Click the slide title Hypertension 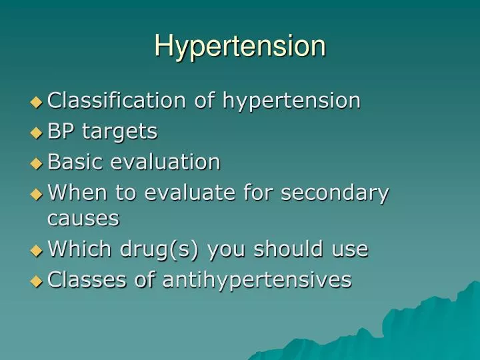point(240,47)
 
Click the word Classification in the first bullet point(117,101)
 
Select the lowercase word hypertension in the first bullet point(291,101)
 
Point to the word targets point(119,133)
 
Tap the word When point(74,193)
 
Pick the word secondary point(335,194)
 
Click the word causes point(83,218)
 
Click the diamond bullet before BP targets point(36,133)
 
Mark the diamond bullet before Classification point(36,102)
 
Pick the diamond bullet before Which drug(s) point(36,250)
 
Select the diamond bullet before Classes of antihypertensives point(36,281)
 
